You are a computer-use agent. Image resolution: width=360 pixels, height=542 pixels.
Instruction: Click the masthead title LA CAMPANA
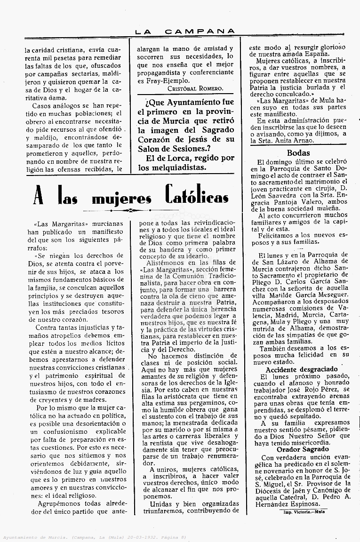click(185, 32)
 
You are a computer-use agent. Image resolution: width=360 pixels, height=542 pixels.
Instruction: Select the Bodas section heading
click(298, 152)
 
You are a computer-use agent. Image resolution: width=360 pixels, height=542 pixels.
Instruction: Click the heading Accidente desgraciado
click(302, 369)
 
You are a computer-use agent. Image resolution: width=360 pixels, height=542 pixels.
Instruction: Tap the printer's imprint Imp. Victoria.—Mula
click(304, 511)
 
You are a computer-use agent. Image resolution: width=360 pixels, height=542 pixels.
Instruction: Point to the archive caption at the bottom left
click(94, 537)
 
